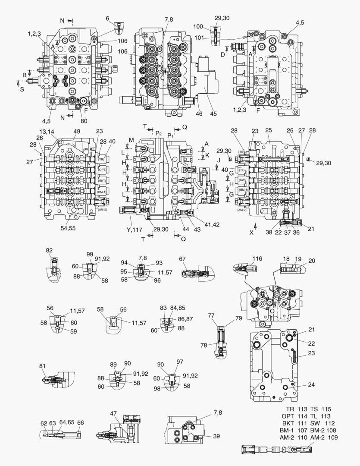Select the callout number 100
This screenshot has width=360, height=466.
(x=210, y=27)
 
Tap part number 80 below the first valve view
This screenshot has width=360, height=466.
(x=84, y=121)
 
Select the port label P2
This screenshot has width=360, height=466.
(x=159, y=133)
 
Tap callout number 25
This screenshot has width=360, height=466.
(x=268, y=130)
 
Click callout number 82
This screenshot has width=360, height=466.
(x=49, y=250)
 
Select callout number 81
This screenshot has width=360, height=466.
(x=42, y=366)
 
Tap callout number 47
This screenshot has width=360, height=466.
(x=113, y=414)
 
